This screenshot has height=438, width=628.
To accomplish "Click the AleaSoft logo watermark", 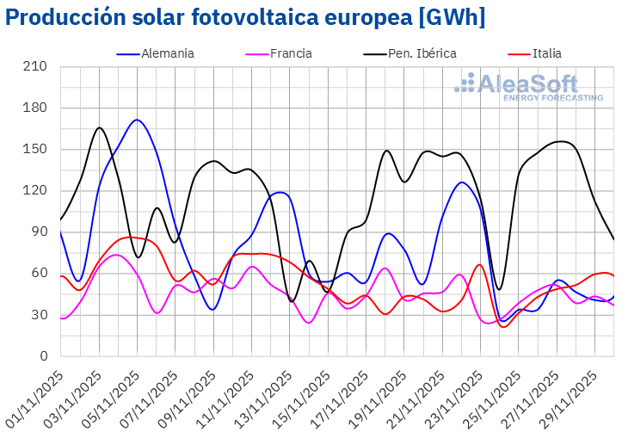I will pyautogui.click(x=529, y=87).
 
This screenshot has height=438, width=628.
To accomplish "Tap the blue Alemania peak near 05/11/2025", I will pyautogui.click(x=137, y=120).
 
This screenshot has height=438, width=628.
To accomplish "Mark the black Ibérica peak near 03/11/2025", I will pyautogui.click(x=99, y=127).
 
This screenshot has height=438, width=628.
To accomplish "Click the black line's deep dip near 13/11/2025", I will pyautogui.click(x=292, y=301).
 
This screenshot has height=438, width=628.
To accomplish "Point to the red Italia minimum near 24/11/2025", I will pyautogui.click(x=503, y=326).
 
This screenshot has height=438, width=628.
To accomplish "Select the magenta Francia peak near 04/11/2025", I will pyautogui.click(x=117, y=255).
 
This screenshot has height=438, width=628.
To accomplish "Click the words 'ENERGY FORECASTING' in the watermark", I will pyautogui.click(x=552, y=98).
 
